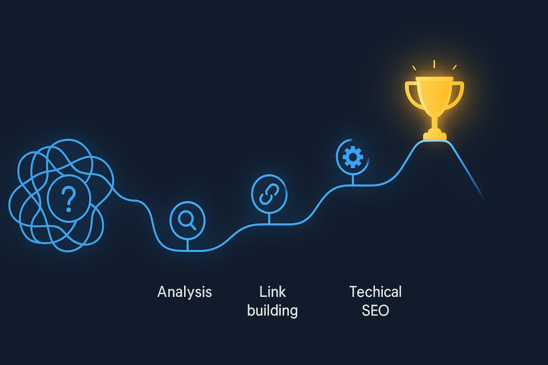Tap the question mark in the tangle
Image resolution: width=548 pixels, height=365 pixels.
tap(68, 199)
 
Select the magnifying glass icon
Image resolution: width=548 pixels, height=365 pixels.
tap(187, 220)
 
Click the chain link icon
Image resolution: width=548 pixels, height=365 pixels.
tap(269, 195)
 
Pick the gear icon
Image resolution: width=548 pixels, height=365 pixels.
tap(352, 157)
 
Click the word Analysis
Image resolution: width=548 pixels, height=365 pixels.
tap(185, 292)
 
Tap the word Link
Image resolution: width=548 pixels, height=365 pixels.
tap(272, 292)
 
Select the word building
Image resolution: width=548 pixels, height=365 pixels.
tap(272, 310)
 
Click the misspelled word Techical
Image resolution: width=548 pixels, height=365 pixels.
tap(375, 292)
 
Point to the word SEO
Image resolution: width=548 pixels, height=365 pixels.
tap(375, 310)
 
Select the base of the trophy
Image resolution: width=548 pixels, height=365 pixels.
tap(435, 136)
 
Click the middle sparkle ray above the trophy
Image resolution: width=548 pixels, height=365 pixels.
tap(434, 64)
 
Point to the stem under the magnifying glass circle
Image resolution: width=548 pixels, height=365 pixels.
tap(188, 244)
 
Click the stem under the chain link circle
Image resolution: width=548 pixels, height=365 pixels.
tap(269, 218)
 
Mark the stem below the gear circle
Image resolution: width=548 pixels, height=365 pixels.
tap(352, 180)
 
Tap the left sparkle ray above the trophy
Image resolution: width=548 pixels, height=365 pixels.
tap(414, 68)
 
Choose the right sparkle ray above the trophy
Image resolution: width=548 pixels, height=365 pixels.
tap(454, 67)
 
